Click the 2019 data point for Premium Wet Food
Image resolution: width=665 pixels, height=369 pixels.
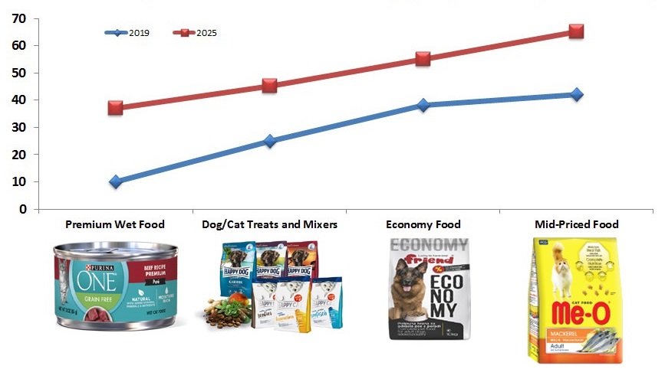(116, 181)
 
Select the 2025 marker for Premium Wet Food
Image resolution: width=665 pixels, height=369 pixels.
(116, 107)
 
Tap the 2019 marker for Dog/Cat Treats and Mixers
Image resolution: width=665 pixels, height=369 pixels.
(269, 141)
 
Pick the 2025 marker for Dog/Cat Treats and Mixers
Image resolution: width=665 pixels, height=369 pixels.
(269, 85)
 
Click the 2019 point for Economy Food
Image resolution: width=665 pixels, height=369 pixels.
(423, 105)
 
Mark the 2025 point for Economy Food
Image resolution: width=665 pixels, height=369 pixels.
(423, 59)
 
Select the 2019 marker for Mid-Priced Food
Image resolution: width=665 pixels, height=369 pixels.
(577, 94)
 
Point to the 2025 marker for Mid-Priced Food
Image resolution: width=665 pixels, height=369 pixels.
(577, 31)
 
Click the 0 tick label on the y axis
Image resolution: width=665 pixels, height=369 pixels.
(23, 209)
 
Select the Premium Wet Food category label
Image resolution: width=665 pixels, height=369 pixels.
(115, 224)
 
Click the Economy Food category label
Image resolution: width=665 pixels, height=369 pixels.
(423, 224)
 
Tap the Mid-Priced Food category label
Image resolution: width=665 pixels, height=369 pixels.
(576, 224)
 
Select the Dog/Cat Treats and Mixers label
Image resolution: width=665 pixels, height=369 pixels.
(269, 224)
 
